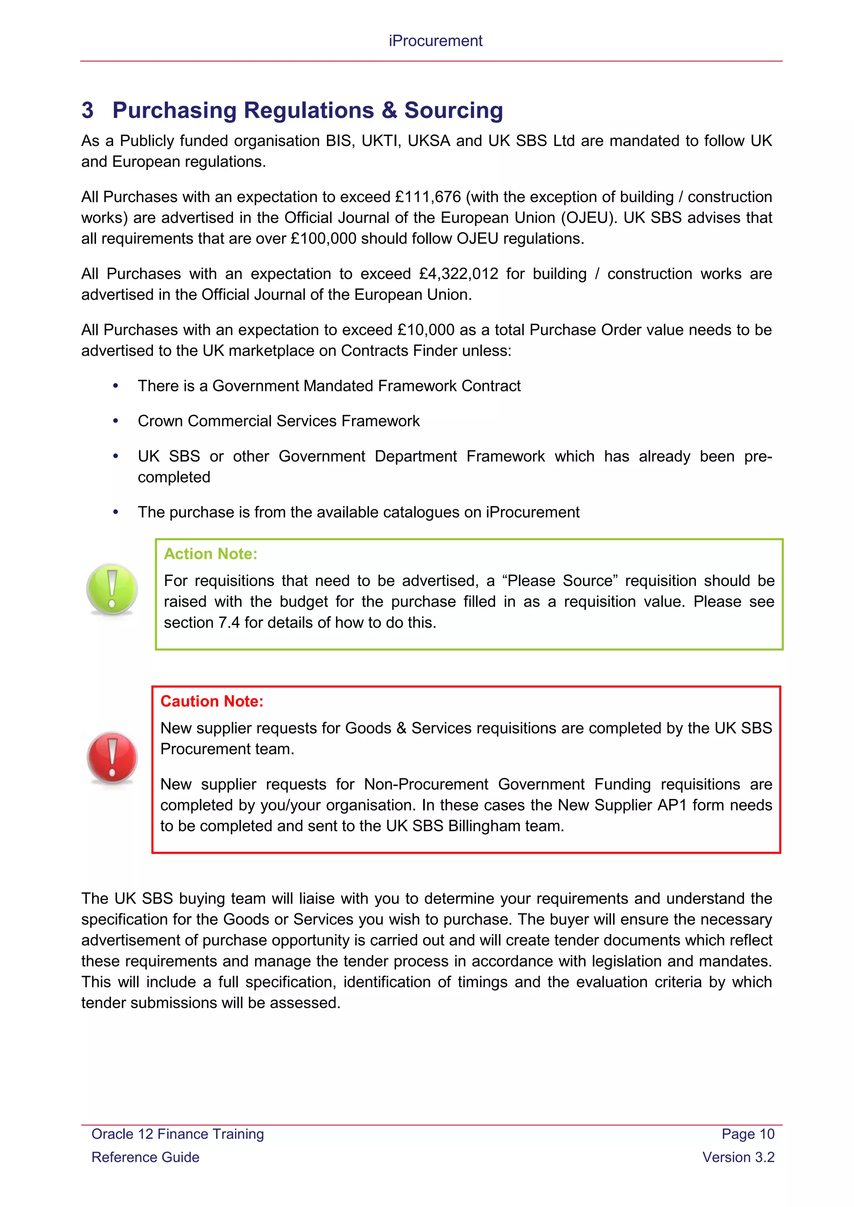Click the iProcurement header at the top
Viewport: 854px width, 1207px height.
pos(435,41)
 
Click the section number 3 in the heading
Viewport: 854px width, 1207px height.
pos(87,110)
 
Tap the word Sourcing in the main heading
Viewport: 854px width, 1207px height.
pos(453,110)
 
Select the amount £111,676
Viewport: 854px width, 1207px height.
pos(428,197)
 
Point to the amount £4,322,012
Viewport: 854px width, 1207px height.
pos(459,274)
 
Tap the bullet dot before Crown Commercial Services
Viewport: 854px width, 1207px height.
pos(116,421)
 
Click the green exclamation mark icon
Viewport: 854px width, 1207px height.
pos(112,589)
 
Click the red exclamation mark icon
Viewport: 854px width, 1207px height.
pos(112,758)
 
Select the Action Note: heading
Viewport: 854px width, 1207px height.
pos(210,554)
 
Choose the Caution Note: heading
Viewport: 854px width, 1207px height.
pos(211,701)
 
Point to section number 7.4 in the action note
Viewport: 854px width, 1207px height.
pos(229,623)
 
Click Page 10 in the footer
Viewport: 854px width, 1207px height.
pos(748,1134)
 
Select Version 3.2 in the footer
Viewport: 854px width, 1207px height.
pos(738,1157)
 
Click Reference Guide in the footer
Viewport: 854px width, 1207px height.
pos(146,1157)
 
